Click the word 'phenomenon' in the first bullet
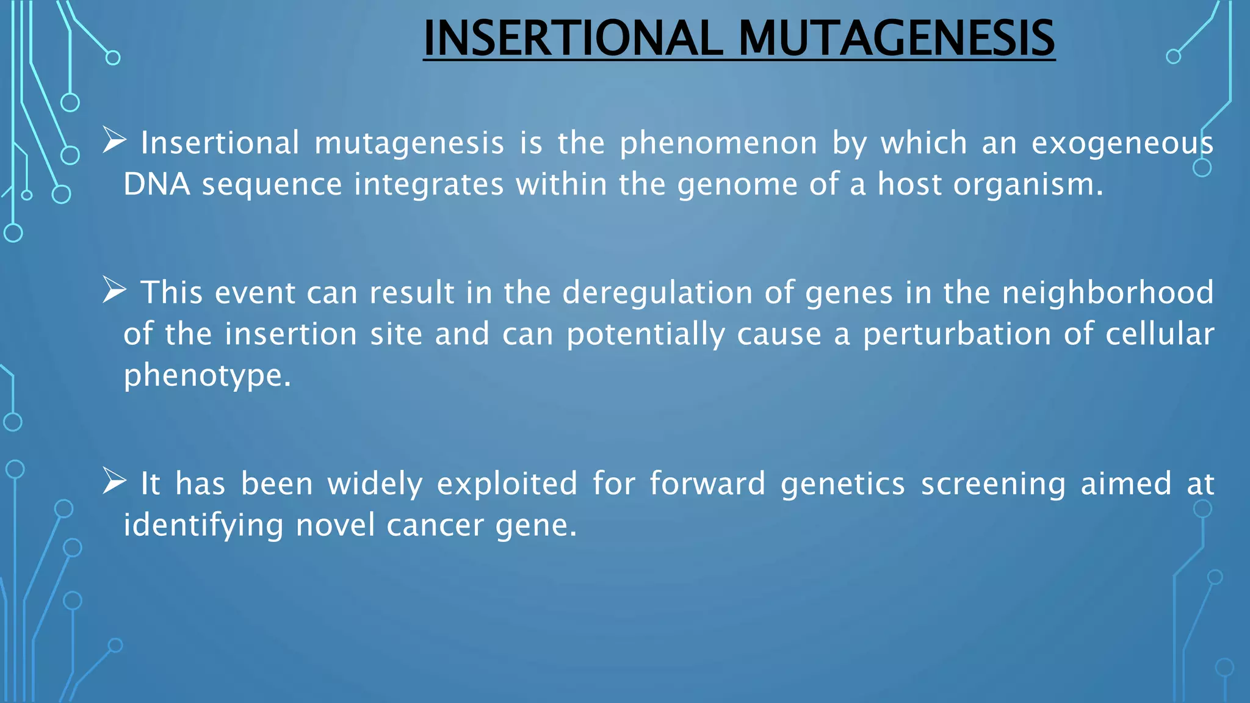718,144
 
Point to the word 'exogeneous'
1122,144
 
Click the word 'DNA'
156,184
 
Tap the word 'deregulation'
657,293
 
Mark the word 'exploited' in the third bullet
507,485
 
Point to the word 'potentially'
646,335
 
